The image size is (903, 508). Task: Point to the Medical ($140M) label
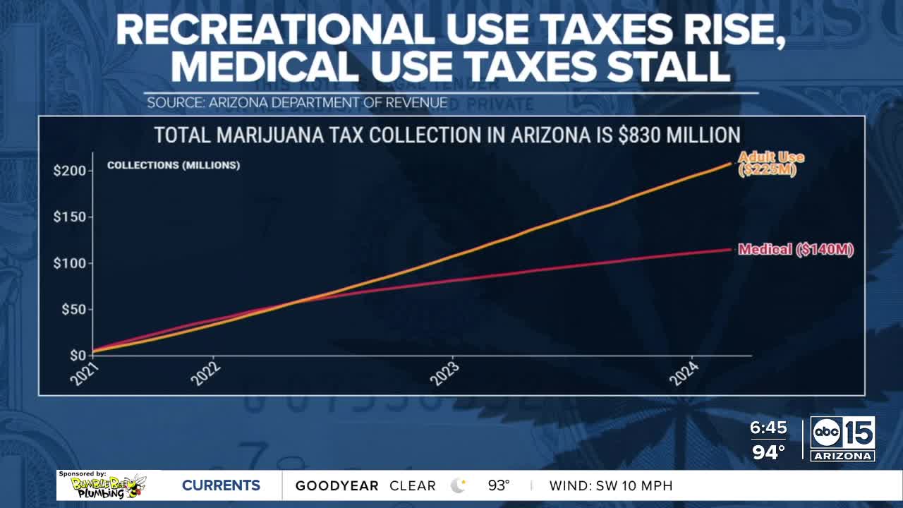click(x=796, y=250)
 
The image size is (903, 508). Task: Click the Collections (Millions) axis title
click(x=174, y=166)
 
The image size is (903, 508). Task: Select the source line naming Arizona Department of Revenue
click(x=297, y=103)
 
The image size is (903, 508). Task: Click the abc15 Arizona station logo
click(x=842, y=439)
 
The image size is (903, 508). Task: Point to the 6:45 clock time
click(x=768, y=428)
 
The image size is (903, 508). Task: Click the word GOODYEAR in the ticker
click(x=337, y=486)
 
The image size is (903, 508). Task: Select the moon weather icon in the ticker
click(x=459, y=485)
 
